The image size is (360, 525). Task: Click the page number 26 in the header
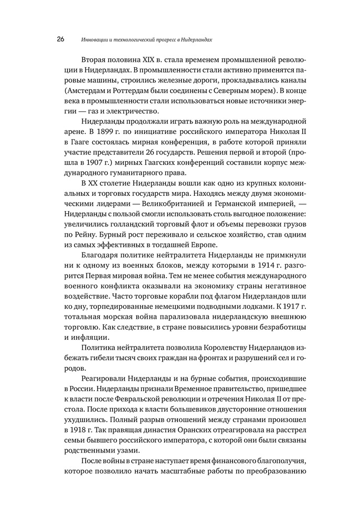pyautogui.click(x=60, y=39)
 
